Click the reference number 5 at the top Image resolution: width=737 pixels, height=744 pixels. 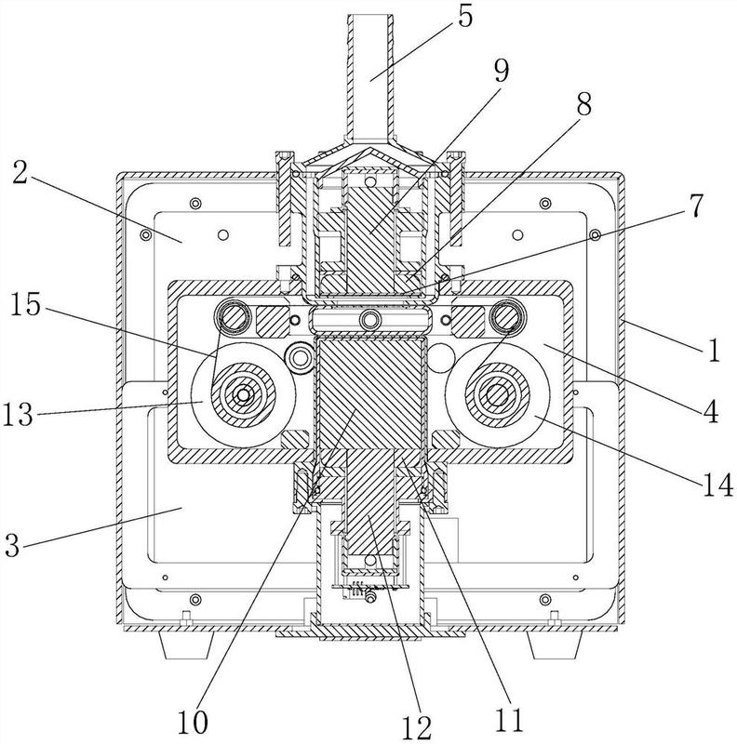coord(465,18)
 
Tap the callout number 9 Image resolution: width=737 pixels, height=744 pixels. coord(501,71)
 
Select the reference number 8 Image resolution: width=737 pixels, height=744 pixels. coord(583,104)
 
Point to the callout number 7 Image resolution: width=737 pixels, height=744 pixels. coord(694,206)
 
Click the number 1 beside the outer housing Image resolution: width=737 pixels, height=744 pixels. coord(714,351)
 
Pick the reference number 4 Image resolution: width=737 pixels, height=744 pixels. coord(711,411)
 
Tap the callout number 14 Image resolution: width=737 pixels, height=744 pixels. coord(717,485)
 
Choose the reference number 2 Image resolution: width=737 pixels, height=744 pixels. coord(20,173)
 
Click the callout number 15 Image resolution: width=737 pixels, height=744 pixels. coord(26,304)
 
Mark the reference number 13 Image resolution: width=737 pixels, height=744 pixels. coord(18,414)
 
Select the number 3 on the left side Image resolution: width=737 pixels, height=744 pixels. coord(13,545)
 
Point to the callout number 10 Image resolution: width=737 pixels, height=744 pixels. coord(193,723)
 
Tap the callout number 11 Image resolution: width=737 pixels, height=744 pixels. coord(508,720)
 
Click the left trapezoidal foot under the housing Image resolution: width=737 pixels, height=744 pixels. coord(186,645)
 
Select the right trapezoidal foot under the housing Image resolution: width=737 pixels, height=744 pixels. coord(556,645)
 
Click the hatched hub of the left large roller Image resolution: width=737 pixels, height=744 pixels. coord(243,394)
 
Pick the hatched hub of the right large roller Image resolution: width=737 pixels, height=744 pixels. coord(497,394)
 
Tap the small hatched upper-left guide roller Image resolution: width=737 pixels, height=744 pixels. coord(233,316)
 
